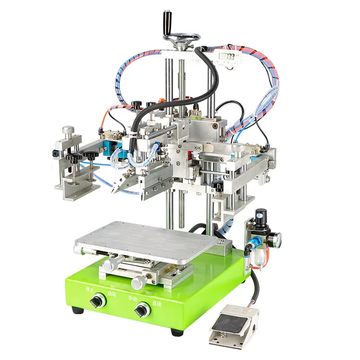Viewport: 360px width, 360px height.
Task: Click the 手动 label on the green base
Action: (132, 298)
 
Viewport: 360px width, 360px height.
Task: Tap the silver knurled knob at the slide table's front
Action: (138, 283)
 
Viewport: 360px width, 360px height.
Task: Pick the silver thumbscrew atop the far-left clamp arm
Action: (68, 131)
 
